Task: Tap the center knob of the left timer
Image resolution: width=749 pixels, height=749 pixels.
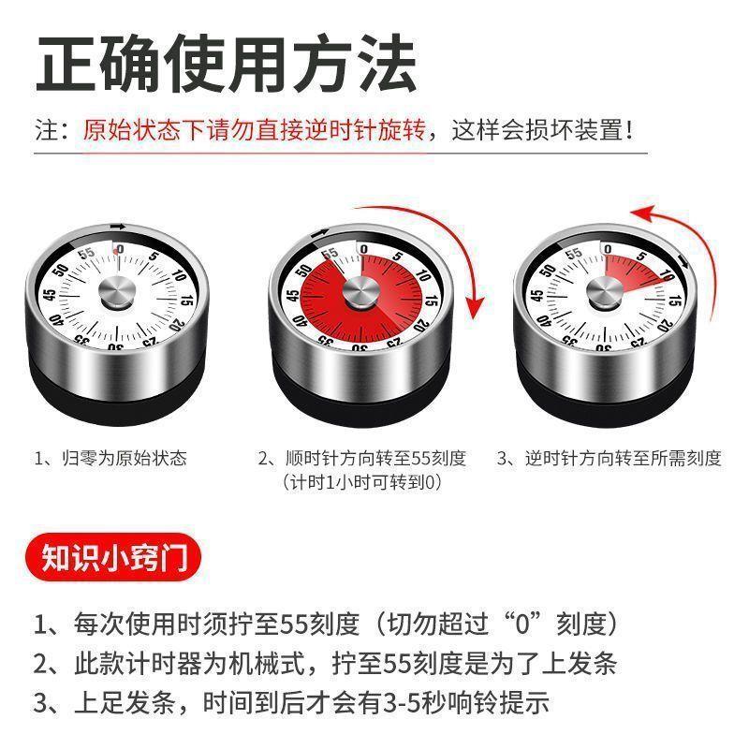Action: pyautogui.click(x=117, y=293)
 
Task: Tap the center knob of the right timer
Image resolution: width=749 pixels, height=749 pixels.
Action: pyautogui.click(x=602, y=292)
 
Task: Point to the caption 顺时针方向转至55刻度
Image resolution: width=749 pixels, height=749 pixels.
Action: pyautogui.click(x=362, y=458)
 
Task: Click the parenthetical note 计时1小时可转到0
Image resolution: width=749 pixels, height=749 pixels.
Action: pyautogui.click(x=362, y=482)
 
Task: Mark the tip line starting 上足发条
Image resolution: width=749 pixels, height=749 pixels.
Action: pyautogui.click(x=290, y=702)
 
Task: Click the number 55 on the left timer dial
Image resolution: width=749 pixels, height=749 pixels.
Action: pyautogui.click(x=87, y=254)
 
